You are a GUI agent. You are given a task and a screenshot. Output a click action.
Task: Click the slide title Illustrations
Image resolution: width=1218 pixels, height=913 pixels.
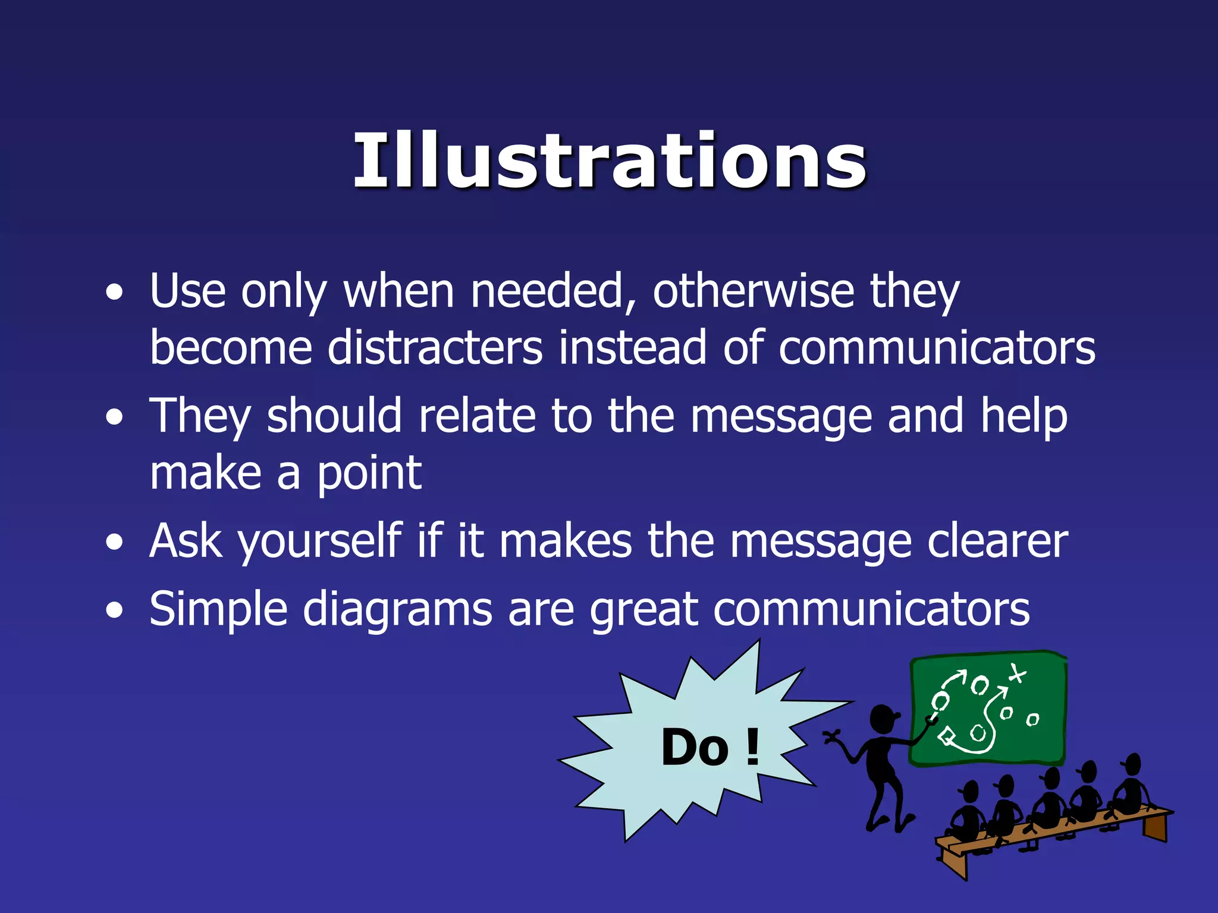[609, 160]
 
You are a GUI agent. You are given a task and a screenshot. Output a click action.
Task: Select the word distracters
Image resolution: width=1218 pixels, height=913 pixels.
[435, 348]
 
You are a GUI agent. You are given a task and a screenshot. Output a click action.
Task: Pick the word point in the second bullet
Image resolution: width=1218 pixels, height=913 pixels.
[369, 474]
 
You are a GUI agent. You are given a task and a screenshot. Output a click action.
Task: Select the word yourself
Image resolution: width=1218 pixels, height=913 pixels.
[320, 542]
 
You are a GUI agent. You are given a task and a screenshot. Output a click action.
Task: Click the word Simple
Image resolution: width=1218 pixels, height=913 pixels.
[218, 610]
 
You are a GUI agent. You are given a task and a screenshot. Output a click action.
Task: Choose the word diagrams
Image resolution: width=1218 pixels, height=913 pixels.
[397, 610]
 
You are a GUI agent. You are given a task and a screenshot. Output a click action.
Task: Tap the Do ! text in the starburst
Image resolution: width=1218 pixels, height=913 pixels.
[710, 747]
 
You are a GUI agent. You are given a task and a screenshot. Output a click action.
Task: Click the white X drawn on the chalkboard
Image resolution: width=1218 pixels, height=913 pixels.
[1016, 673]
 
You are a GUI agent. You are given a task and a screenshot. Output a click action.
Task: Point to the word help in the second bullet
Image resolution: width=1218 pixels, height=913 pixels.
[1024, 415]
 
